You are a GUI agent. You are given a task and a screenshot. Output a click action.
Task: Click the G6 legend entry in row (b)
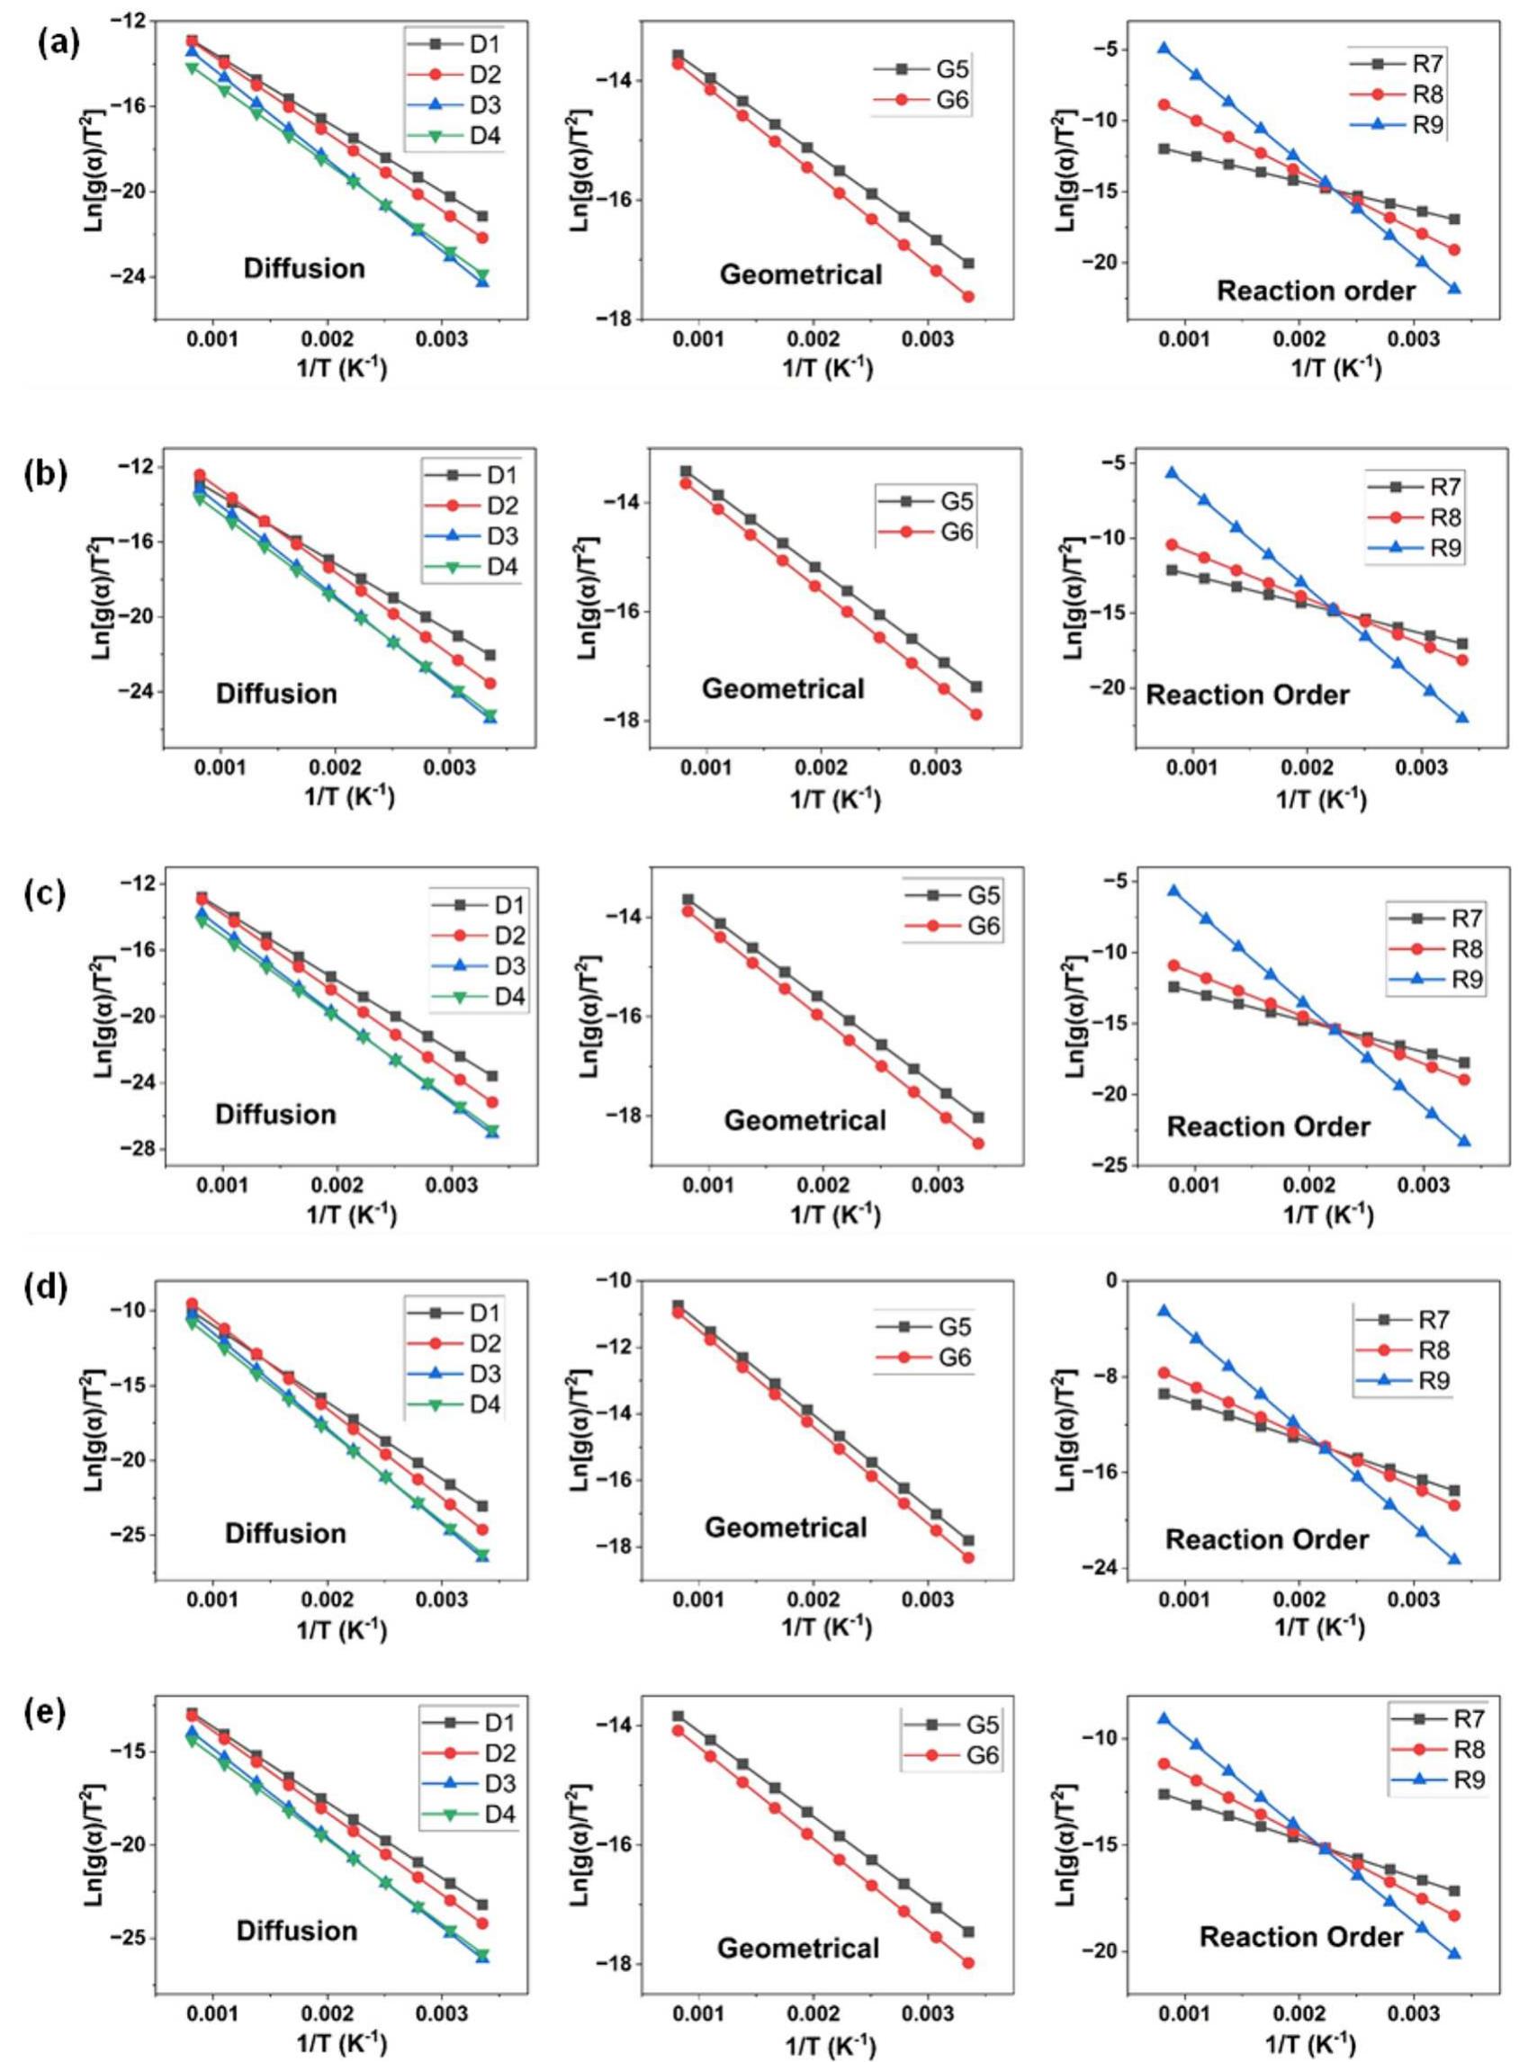tap(940, 533)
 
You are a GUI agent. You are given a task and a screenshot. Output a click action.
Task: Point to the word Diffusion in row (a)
tap(304, 269)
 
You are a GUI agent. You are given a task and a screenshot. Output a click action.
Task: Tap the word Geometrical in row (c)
tap(804, 1121)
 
